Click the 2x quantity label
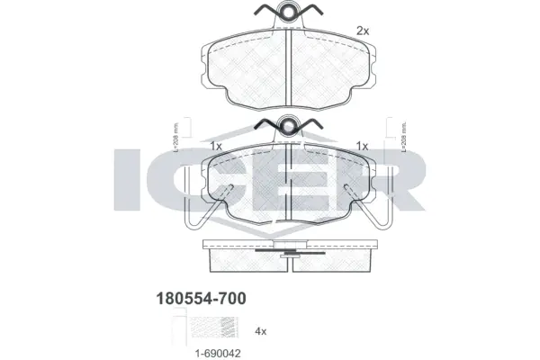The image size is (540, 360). (x=362, y=30)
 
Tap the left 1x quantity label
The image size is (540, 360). (x=215, y=146)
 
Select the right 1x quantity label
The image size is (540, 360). (x=363, y=146)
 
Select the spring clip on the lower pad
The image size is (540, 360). (x=287, y=126)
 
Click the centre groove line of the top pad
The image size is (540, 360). (x=287, y=67)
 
